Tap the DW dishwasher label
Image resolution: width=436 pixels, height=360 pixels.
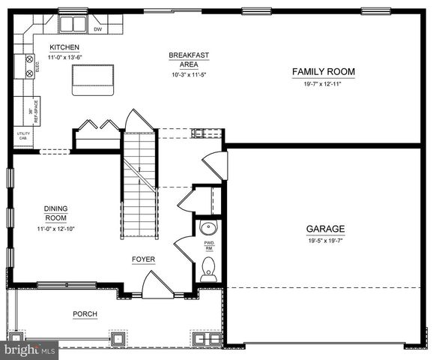(x=98, y=29)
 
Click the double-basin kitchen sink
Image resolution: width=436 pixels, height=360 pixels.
(x=73, y=25)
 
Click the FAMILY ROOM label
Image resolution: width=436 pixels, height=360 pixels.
(x=323, y=72)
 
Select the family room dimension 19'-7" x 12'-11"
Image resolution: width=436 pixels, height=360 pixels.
(x=323, y=84)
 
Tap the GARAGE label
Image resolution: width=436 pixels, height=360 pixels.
(x=324, y=229)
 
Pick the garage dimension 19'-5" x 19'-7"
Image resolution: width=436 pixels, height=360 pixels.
(x=324, y=241)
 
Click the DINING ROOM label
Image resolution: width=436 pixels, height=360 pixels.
(x=55, y=214)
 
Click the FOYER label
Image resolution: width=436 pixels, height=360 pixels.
(x=143, y=259)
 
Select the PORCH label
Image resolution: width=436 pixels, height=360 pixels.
(x=85, y=313)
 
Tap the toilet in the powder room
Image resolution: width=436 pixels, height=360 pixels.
(x=208, y=269)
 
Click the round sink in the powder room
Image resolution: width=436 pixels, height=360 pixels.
(x=208, y=228)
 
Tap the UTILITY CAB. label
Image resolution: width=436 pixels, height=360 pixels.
(x=22, y=136)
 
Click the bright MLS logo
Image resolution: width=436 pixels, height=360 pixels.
(x=29, y=349)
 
